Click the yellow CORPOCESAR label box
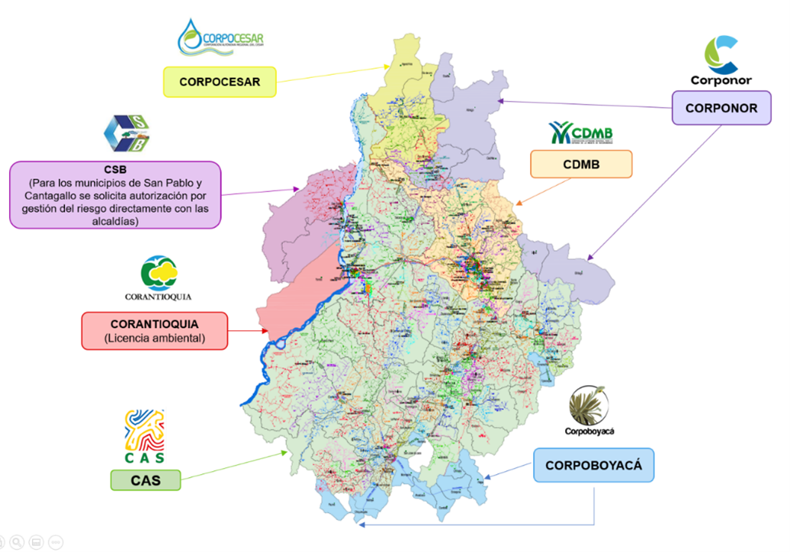coord(220,82)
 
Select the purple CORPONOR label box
coord(721,108)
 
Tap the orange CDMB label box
coord(581,164)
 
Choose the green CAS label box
coord(145,480)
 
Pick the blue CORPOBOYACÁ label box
coord(593,464)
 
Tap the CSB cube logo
coord(127,134)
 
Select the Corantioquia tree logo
coord(159,273)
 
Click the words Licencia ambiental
coord(154,338)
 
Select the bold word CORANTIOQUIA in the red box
coord(154,324)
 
